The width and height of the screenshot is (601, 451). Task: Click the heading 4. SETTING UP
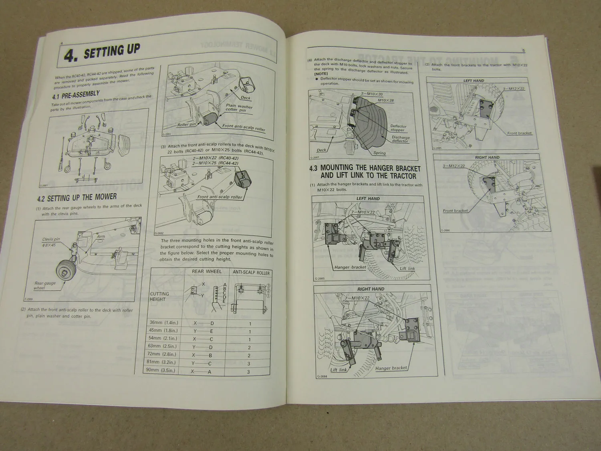(x=102, y=53)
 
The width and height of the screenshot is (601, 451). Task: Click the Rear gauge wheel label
(x=45, y=285)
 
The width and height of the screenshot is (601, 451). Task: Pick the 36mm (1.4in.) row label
(x=164, y=323)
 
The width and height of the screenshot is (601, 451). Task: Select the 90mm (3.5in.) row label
(x=161, y=370)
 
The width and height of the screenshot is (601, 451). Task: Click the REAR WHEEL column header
(x=206, y=271)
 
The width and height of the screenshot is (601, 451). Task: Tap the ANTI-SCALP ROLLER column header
(x=251, y=273)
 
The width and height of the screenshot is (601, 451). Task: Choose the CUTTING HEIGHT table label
(x=159, y=296)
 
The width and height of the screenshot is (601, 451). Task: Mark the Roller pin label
(x=187, y=125)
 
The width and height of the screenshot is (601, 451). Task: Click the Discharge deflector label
(x=400, y=139)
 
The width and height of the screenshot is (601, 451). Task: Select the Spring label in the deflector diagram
(x=379, y=153)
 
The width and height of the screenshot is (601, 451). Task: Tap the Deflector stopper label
(x=398, y=128)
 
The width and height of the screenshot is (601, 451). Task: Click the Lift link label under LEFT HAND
(x=407, y=269)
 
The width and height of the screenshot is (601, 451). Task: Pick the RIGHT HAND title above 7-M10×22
(x=371, y=289)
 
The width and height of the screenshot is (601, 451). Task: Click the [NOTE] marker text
(x=321, y=74)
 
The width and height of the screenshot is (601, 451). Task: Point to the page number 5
(x=523, y=51)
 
